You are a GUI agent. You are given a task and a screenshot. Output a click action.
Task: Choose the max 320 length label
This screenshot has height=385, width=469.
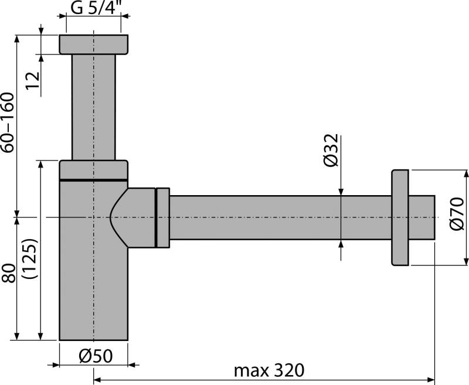click(x=269, y=370)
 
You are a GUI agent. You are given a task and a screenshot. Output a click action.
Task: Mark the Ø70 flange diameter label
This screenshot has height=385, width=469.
click(x=458, y=216)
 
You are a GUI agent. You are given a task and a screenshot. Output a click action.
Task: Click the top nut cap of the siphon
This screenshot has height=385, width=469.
click(x=94, y=45)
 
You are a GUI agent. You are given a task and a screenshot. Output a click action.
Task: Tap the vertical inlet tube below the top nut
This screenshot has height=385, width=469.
click(x=94, y=105)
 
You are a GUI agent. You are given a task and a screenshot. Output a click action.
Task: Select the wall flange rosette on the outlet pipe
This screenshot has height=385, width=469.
click(x=400, y=217)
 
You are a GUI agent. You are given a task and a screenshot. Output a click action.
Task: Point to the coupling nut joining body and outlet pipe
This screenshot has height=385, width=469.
click(x=162, y=217)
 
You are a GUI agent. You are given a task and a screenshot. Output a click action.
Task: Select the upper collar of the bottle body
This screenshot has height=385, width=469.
click(x=94, y=169)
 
